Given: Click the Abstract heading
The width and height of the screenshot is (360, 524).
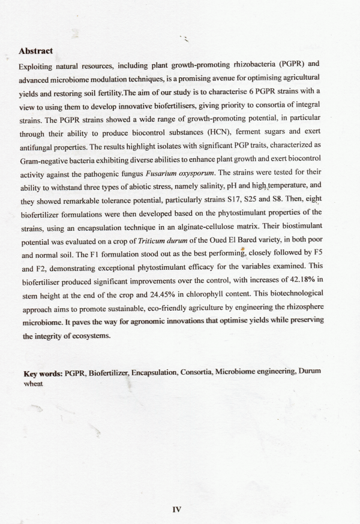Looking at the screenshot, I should click(36, 52).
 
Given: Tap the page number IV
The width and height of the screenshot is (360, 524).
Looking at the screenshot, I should click(176, 510).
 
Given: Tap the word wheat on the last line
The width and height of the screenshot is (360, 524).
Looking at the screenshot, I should click(33, 382).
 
